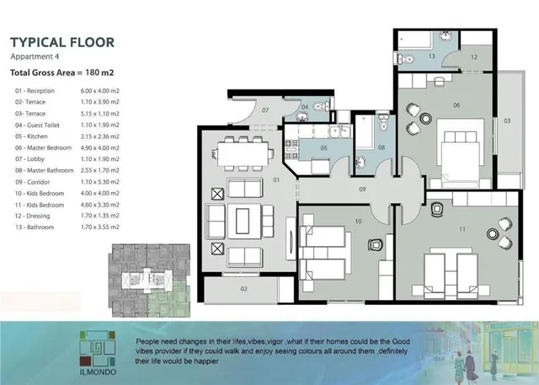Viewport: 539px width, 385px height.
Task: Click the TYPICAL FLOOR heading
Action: (x=62, y=42)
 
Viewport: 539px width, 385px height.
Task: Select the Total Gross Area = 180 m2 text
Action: (x=61, y=72)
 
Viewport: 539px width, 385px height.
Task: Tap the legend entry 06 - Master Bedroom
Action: (x=43, y=147)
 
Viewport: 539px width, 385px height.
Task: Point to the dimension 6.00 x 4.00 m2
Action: (x=99, y=91)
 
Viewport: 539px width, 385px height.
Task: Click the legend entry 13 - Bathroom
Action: (x=35, y=227)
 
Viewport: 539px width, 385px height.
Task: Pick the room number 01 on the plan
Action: (x=276, y=179)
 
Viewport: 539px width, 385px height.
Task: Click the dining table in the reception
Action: (x=243, y=154)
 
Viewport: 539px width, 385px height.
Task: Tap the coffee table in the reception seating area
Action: (x=243, y=221)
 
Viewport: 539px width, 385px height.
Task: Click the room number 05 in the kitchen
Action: (x=323, y=148)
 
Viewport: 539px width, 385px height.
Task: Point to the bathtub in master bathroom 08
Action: (x=365, y=131)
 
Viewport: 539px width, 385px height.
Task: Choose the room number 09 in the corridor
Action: (x=362, y=189)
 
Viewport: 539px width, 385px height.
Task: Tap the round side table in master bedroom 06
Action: (x=426, y=119)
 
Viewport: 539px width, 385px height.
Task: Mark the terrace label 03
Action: (x=507, y=121)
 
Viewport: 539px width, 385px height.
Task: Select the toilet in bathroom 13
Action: (x=406, y=59)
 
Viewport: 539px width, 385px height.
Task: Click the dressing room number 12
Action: (x=474, y=57)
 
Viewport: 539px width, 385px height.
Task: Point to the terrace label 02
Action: (x=243, y=289)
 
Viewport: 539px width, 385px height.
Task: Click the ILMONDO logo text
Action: (x=98, y=372)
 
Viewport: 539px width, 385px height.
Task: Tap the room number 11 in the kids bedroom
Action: (x=462, y=229)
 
